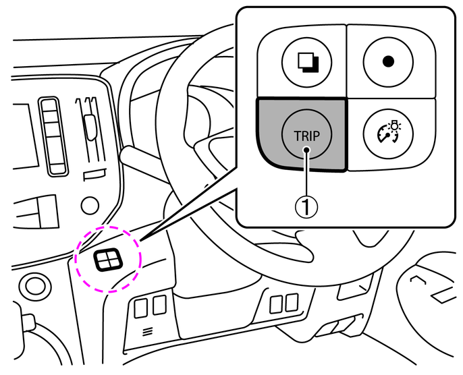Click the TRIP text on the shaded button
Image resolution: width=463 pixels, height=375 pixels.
tap(307, 136)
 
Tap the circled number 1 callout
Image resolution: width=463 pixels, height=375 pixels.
tap(307, 207)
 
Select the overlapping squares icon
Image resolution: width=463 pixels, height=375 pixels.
tap(308, 62)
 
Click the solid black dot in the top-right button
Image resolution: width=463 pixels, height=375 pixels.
tap(388, 61)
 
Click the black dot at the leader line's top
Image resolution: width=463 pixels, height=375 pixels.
tap(307, 150)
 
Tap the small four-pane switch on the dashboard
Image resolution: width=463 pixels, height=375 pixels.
tap(108, 260)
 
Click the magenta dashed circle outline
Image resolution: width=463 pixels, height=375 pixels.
tap(75, 260)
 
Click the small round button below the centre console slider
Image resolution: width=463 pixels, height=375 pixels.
tap(90, 205)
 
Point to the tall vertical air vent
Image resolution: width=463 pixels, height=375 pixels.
tap(53, 136)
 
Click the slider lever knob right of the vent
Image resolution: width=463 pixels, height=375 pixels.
tap(90, 127)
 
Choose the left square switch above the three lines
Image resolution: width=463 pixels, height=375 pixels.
tap(140, 308)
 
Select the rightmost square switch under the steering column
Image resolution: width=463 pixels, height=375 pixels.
tap(292, 302)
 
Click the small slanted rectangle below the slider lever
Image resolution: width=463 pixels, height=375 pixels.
tap(94, 175)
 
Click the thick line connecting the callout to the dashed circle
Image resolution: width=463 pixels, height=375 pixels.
tap(189, 204)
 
